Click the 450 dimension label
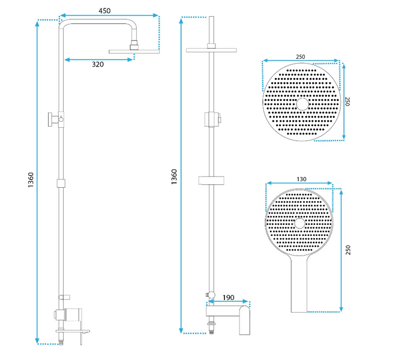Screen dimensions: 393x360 104,11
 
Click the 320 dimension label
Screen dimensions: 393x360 98,64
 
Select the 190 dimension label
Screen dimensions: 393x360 229,298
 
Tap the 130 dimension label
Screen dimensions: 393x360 301,179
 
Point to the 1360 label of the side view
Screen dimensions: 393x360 31,180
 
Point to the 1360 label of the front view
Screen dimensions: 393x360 174,177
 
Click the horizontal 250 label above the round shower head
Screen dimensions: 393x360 300,57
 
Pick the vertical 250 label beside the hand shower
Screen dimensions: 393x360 348,250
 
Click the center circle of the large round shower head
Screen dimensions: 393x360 302,104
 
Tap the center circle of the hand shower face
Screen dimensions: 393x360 299,223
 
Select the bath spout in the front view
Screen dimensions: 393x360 245,320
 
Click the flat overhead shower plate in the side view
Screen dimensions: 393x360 134,52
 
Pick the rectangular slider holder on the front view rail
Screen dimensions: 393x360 211,181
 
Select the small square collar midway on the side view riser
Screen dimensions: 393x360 61,183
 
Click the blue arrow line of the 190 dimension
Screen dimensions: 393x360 228,302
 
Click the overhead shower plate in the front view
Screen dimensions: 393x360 211,50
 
